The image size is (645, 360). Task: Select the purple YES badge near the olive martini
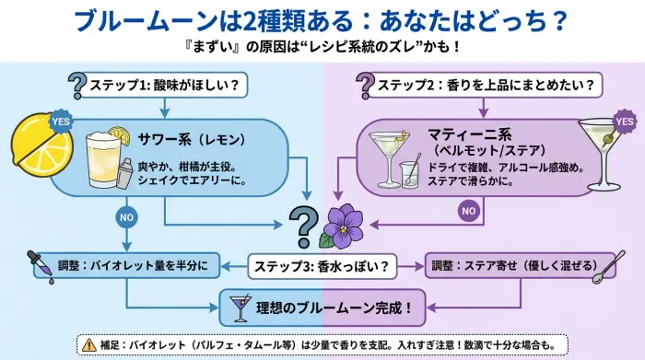click(x=624, y=121)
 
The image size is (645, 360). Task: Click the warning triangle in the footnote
click(x=88, y=344)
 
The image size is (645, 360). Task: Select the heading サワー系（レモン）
click(x=191, y=140)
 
